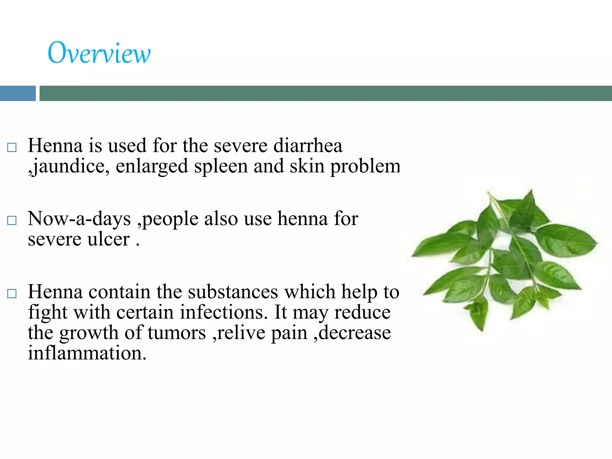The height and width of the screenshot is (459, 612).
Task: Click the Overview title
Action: pyautogui.click(x=99, y=53)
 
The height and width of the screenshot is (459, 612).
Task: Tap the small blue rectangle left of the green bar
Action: pyautogui.click(x=18, y=93)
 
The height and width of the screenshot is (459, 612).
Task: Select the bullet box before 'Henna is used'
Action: pyautogui.click(x=12, y=147)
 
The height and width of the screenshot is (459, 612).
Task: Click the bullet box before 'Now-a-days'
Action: pyautogui.click(x=12, y=221)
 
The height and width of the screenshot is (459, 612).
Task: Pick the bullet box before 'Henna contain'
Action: pyautogui.click(x=12, y=293)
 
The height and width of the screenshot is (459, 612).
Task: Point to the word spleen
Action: pyautogui.click(x=221, y=166)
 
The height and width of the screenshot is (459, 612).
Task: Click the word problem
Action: pyautogui.click(x=365, y=166)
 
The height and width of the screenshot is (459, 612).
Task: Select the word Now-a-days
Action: pyautogui.click(x=79, y=218)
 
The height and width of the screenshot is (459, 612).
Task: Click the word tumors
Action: pyautogui.click(x=177, y=333)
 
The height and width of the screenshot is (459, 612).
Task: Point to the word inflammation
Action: pyautogui.click(x=87, y=353)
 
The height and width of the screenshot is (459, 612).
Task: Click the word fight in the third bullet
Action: pyautogui.click(x=48, y=312)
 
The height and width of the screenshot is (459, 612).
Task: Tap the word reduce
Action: pyautogui.click(x=362, y=312)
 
